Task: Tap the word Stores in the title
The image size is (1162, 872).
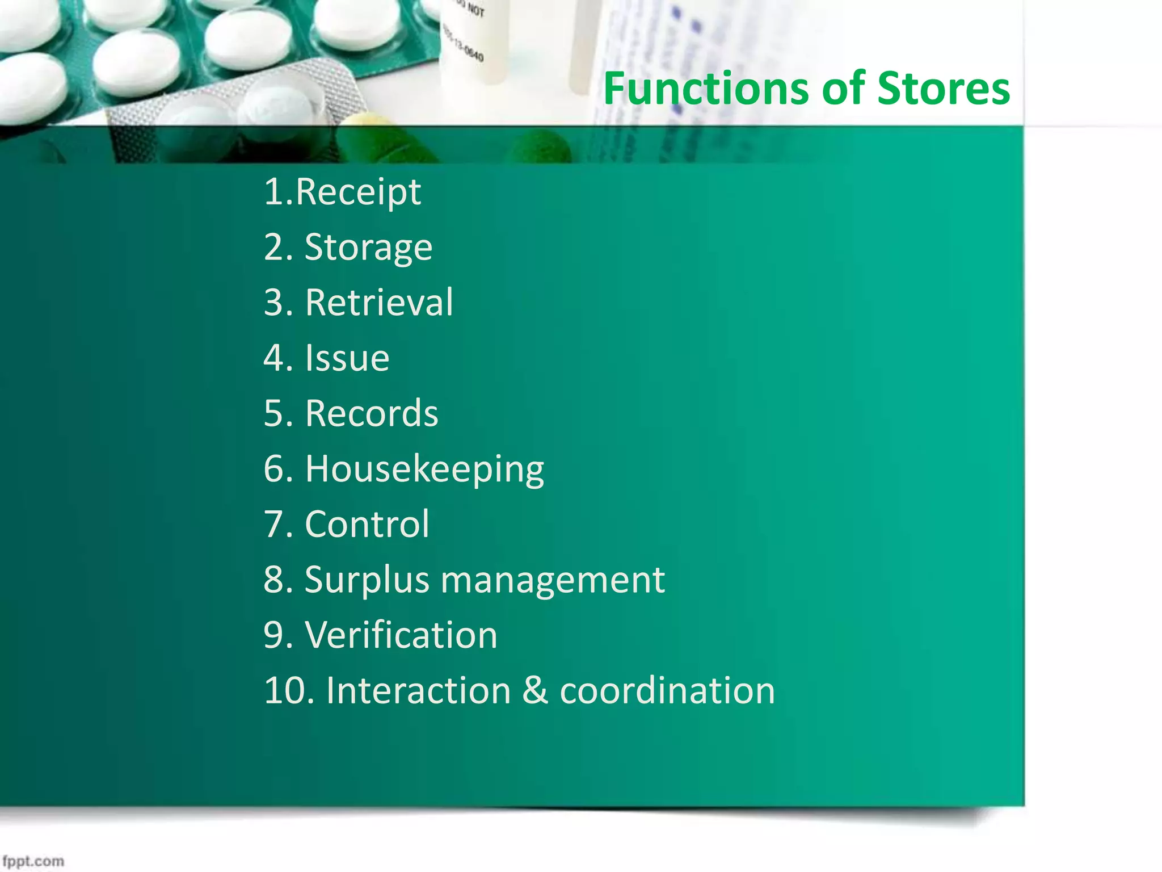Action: point(943,89)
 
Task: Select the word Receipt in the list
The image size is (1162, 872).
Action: point(358,192)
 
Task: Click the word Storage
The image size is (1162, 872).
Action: point(368,248)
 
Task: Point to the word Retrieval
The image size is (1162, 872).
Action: point(379,303)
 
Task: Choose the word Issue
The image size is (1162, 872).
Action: point(347,358)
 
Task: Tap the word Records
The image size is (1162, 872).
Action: point(372,413)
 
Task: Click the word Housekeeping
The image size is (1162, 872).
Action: point(424,469)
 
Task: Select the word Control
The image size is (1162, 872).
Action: point(367,524)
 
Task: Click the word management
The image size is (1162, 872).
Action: point(553,580)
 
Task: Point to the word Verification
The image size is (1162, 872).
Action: point(401,635)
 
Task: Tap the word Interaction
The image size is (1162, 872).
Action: point(419,691)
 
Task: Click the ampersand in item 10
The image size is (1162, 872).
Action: point(535,691)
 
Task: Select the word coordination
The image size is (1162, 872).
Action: point(667,691)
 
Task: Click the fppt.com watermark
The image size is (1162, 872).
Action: point(33,861)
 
